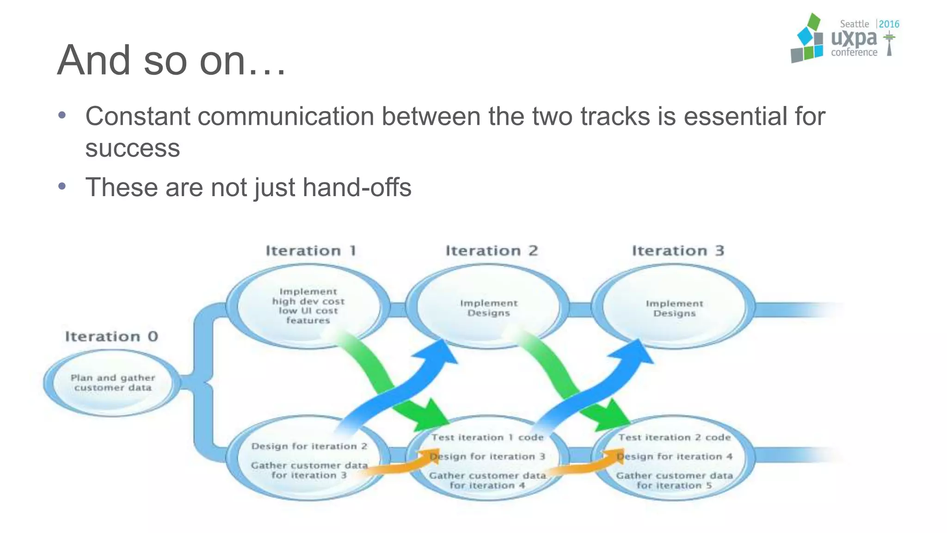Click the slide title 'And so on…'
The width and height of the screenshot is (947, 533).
171,61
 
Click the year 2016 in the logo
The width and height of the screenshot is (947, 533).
889,24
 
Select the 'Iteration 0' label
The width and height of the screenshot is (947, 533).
111,336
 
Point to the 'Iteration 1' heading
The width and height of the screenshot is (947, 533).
311,251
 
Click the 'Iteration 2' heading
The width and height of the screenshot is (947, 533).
492,251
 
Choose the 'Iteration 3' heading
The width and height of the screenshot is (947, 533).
678,251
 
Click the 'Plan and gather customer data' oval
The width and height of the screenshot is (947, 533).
112,383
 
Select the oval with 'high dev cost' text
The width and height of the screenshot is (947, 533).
308,306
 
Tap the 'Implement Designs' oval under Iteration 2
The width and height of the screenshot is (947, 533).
488,308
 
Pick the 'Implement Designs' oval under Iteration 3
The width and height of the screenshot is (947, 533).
674,308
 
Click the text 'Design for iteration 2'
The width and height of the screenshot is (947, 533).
309,446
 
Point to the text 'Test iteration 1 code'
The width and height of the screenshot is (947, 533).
487,437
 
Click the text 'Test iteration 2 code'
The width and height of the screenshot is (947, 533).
674,437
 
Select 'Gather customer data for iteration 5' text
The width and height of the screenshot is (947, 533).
674,480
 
